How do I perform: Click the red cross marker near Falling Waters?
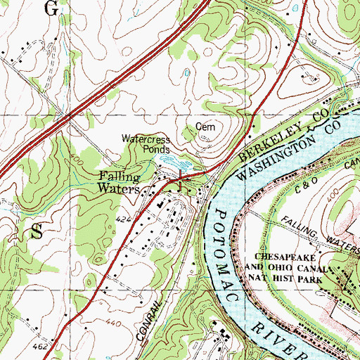(x=181, y=179)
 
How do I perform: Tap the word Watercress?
(x=146, y=139)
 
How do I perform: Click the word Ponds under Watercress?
(x=155, y=149)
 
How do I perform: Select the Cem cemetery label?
(x=204, y=127)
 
